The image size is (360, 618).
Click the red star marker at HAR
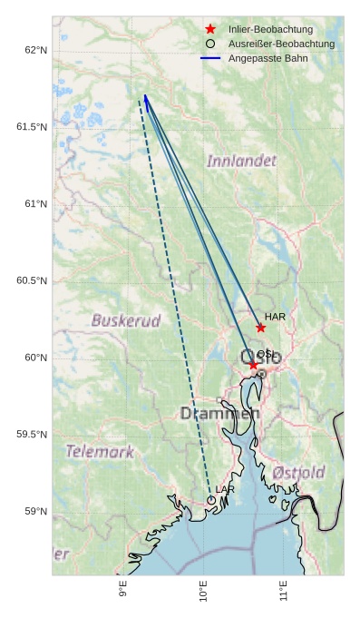point(260,328)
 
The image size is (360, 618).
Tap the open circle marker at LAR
point(211,500)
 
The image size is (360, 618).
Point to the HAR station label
point(276,317)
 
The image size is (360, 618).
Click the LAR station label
point(225,490)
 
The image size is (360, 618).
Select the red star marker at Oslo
point(253,365)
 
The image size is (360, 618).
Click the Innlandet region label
point(241,161)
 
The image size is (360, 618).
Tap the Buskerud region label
point(126,320)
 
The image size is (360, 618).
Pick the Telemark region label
point(100,451)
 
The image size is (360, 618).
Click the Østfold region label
point(298,473)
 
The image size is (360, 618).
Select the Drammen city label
point(219,414)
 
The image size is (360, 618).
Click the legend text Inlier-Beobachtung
point(270,29)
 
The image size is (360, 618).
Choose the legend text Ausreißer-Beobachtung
point(281,44)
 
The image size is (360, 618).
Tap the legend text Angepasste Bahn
point(268,58)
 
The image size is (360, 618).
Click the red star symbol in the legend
point(210,29)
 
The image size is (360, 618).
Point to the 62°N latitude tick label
point(35,49)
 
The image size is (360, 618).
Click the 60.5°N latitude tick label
point(32,280)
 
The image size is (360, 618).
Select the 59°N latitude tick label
point(35,512)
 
